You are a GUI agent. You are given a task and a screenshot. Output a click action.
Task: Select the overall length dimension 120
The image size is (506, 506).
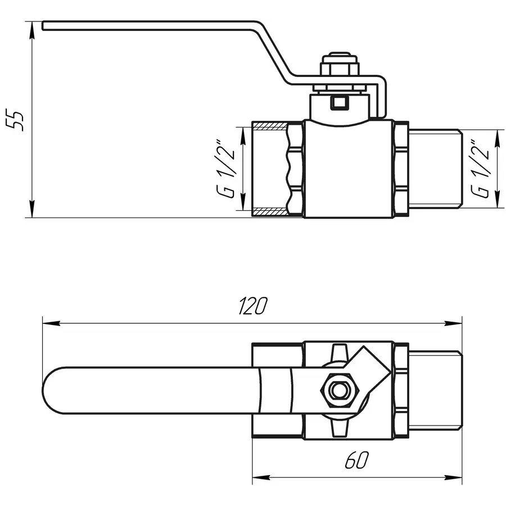point(252,306)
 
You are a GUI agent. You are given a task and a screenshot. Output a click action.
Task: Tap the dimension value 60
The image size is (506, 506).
point(357,461)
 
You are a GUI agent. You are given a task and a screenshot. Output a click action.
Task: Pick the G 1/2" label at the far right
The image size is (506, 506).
point(482,168)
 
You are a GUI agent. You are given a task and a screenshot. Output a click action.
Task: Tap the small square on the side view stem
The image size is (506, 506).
point(339,102)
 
